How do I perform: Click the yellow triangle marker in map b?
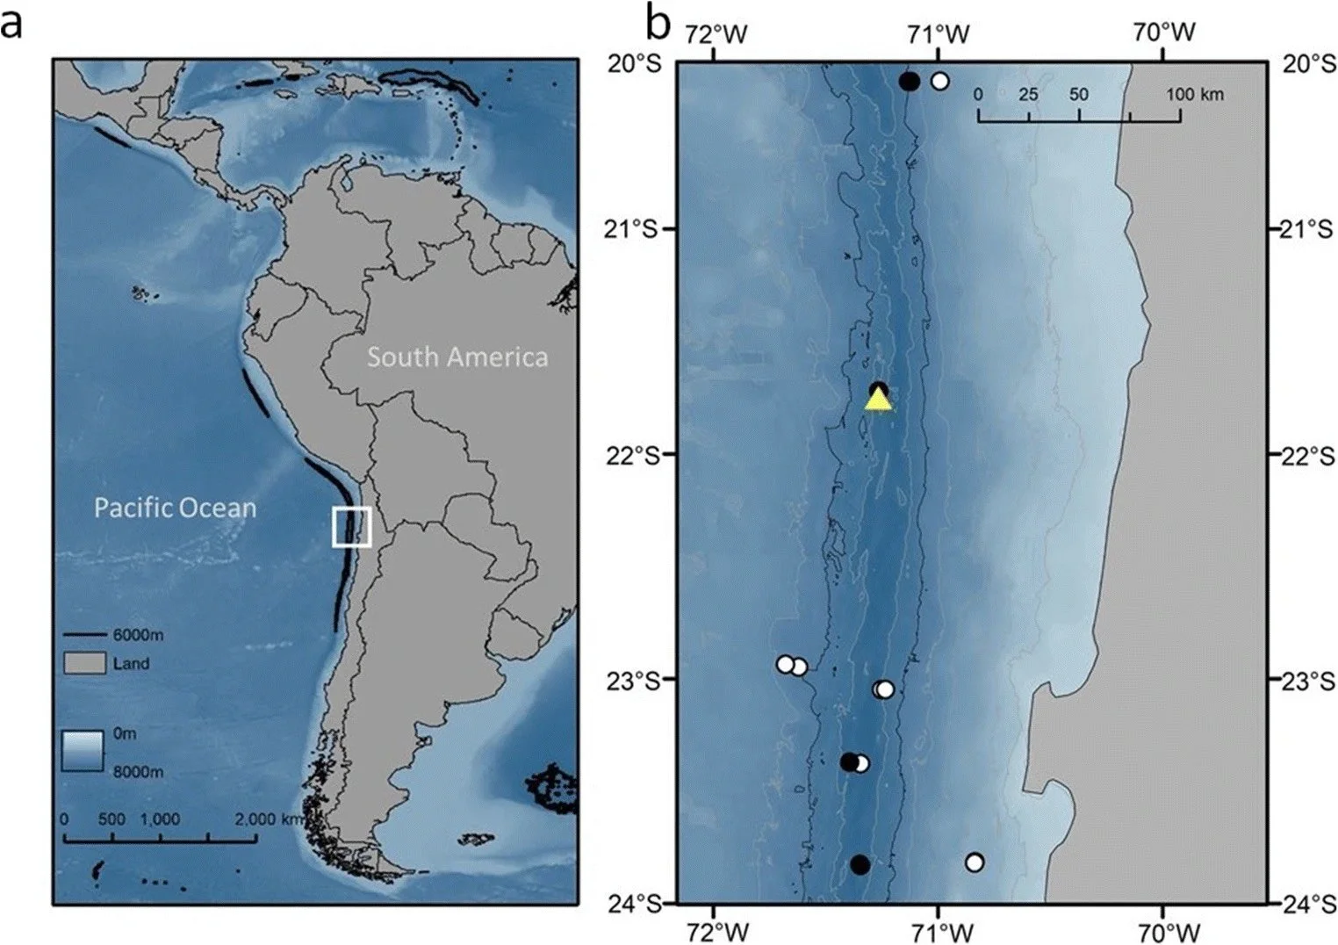coord(878,400)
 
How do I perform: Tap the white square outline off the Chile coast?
coord(352,527)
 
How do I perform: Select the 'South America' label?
coord(457,357)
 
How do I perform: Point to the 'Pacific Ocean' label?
coord(175,508)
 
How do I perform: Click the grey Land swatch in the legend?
coord(84,663)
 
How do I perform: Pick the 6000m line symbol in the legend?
coord(84,635)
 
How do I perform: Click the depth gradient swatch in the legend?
coord(84,750)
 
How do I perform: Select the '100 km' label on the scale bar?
coord(1194,94)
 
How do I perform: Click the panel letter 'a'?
coord(12,24)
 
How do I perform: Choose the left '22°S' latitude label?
coord(638,455)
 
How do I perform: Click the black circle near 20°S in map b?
coord(910,82)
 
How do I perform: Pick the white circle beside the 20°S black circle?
coord(939,82)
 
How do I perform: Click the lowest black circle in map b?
coord(860,864)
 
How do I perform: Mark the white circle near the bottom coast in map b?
coord(974,862)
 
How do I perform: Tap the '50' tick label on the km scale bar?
coord(1078,94)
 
